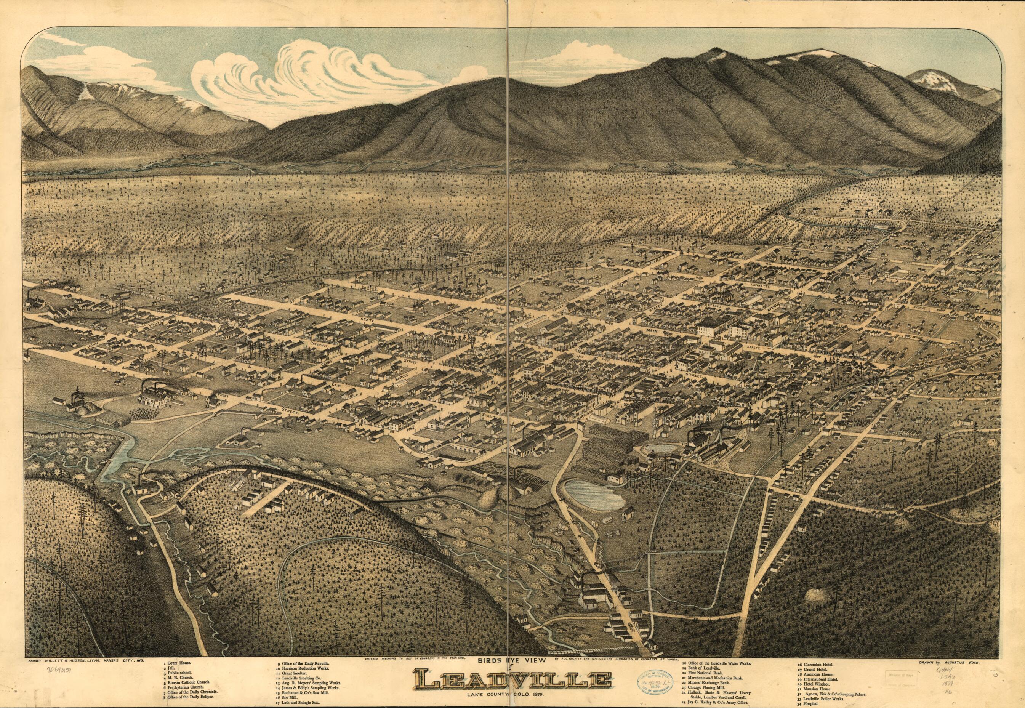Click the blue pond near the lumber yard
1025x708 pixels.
pos(594,492)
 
